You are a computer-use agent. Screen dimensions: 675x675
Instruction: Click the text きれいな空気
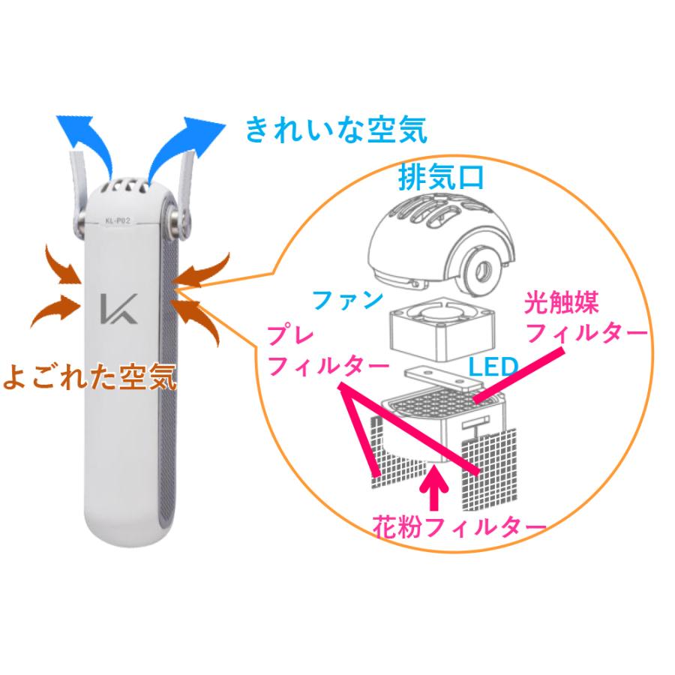coord(336,130)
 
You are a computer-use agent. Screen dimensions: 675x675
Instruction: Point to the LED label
coord(493,367)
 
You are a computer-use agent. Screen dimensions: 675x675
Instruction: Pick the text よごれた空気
coord(90,377)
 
